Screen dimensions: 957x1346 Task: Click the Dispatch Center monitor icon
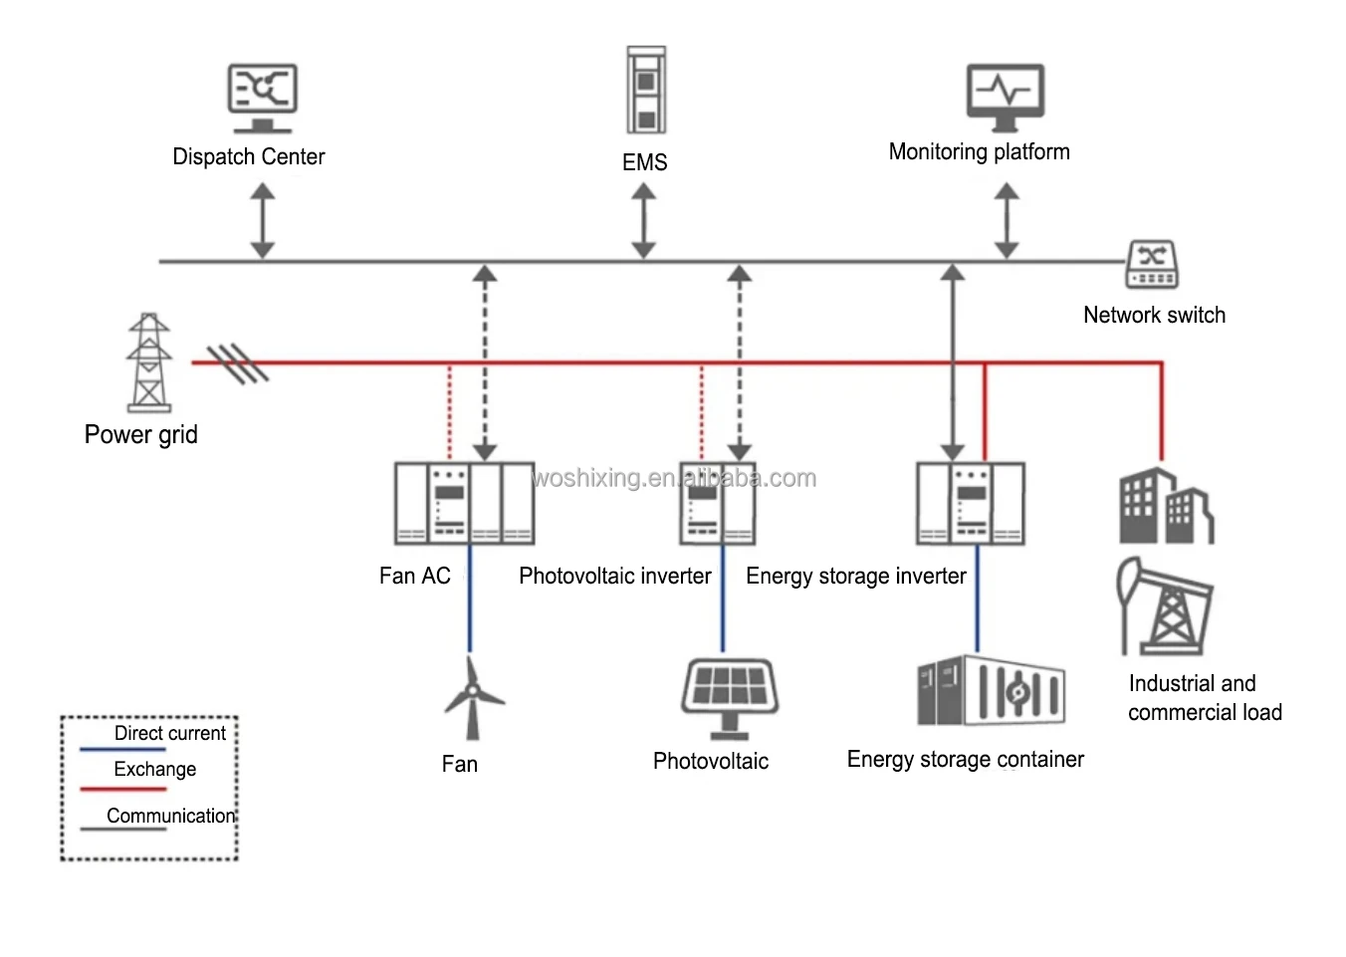(262, 98)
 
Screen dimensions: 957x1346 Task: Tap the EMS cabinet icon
(646, 90)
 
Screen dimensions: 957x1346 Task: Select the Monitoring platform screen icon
(1006, 97)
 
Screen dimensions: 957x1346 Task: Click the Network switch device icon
(1152, 265)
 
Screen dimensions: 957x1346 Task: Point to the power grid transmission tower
(149, 362)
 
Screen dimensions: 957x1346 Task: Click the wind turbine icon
(473, 698)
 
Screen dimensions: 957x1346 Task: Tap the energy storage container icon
(991, 690)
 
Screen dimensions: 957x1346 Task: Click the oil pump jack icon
(1165, 604)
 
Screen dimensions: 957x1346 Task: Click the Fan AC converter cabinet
(464, 502)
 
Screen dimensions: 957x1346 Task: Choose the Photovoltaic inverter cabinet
(717, 503)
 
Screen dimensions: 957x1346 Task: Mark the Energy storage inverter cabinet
(971, 503)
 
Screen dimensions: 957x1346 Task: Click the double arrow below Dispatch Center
(263, 220)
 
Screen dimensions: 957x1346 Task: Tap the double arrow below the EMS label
(644, 221)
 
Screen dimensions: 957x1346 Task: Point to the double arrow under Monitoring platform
(1007, 220)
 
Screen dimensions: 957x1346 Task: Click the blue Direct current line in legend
(122, 749)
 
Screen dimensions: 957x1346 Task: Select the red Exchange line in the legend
(122, 789)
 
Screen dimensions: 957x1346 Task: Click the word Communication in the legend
(171, 816)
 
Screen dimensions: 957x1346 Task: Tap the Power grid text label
(141, 435)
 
